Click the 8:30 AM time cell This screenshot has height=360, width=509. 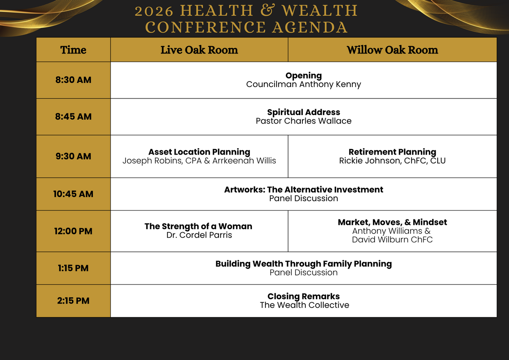pyautogui.click(x=73, y=80)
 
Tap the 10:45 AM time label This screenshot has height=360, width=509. pyautogui.click(x=73, y=194)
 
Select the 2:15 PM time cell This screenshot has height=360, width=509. pyautogui.click(x=73, y=301)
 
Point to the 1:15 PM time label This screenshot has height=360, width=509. pyautogui.click(x=73, y=268)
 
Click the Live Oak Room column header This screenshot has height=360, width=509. pyautogui.click(x=199, y=50)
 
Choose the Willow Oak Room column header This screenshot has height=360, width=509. pyautogui.click(x=392, y=50)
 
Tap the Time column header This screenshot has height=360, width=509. pyautogui.click(x=73, y=50)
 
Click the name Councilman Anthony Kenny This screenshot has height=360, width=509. pyautogui.click(x=304, y=84)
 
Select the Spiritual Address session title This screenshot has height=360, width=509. pyautogui.click(x=304, y=112)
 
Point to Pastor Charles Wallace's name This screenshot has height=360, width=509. pyautogui.click(x=304, y=121)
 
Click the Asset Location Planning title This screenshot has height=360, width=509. pyautogui.click(x=199, y=152)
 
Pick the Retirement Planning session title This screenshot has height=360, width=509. pyautogui.click(x=392, y=152)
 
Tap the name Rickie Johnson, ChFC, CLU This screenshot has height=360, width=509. pyautogui.click(x=392, y=161)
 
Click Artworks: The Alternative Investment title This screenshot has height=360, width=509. pyautogui.click(x=304, y=189)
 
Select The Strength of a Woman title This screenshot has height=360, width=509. pyautogui.click(x=199, y=226)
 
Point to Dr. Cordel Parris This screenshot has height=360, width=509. pyautogui.click(x=199, y=235)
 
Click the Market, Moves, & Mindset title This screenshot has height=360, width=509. pyautogui.click(x=392, y=222)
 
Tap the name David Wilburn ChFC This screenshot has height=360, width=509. pyautogui.click(x=392, y=239)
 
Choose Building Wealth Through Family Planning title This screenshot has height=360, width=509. pyautogui.click(x=304, y=264)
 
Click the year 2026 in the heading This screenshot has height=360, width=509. pyautogui.click(x=154, y=11)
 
